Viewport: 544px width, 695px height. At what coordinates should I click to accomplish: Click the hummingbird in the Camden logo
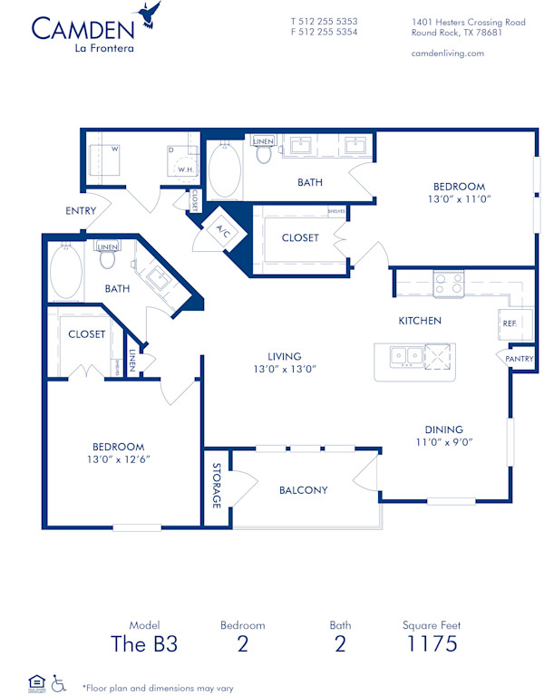pos(149,14)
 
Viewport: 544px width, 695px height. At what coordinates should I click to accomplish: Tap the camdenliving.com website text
pos(447,53)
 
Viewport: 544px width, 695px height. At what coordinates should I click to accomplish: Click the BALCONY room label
pos(303,490)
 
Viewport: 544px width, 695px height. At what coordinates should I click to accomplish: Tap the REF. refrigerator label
pos(509,323)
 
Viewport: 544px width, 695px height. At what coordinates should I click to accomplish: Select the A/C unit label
pos(221,232)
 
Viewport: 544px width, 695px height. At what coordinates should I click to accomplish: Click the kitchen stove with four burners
pos(447,285)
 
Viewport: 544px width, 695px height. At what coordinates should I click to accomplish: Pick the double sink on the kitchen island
pos(406,357)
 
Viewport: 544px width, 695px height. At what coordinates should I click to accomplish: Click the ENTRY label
pos(81,211)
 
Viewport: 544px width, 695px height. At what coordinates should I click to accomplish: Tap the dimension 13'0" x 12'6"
pos(119,459)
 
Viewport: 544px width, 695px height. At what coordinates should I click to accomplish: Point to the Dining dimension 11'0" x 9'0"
pos(444,442)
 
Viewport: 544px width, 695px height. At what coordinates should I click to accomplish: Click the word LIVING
pos(284,356)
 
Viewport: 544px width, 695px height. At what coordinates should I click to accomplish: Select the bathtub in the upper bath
pos(226,171)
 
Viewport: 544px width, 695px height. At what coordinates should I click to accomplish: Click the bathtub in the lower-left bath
pos(65,274)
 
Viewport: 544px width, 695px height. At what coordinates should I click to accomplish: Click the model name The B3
pos(143,644)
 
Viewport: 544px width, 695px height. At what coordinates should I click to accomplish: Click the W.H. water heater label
pos(185,169)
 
